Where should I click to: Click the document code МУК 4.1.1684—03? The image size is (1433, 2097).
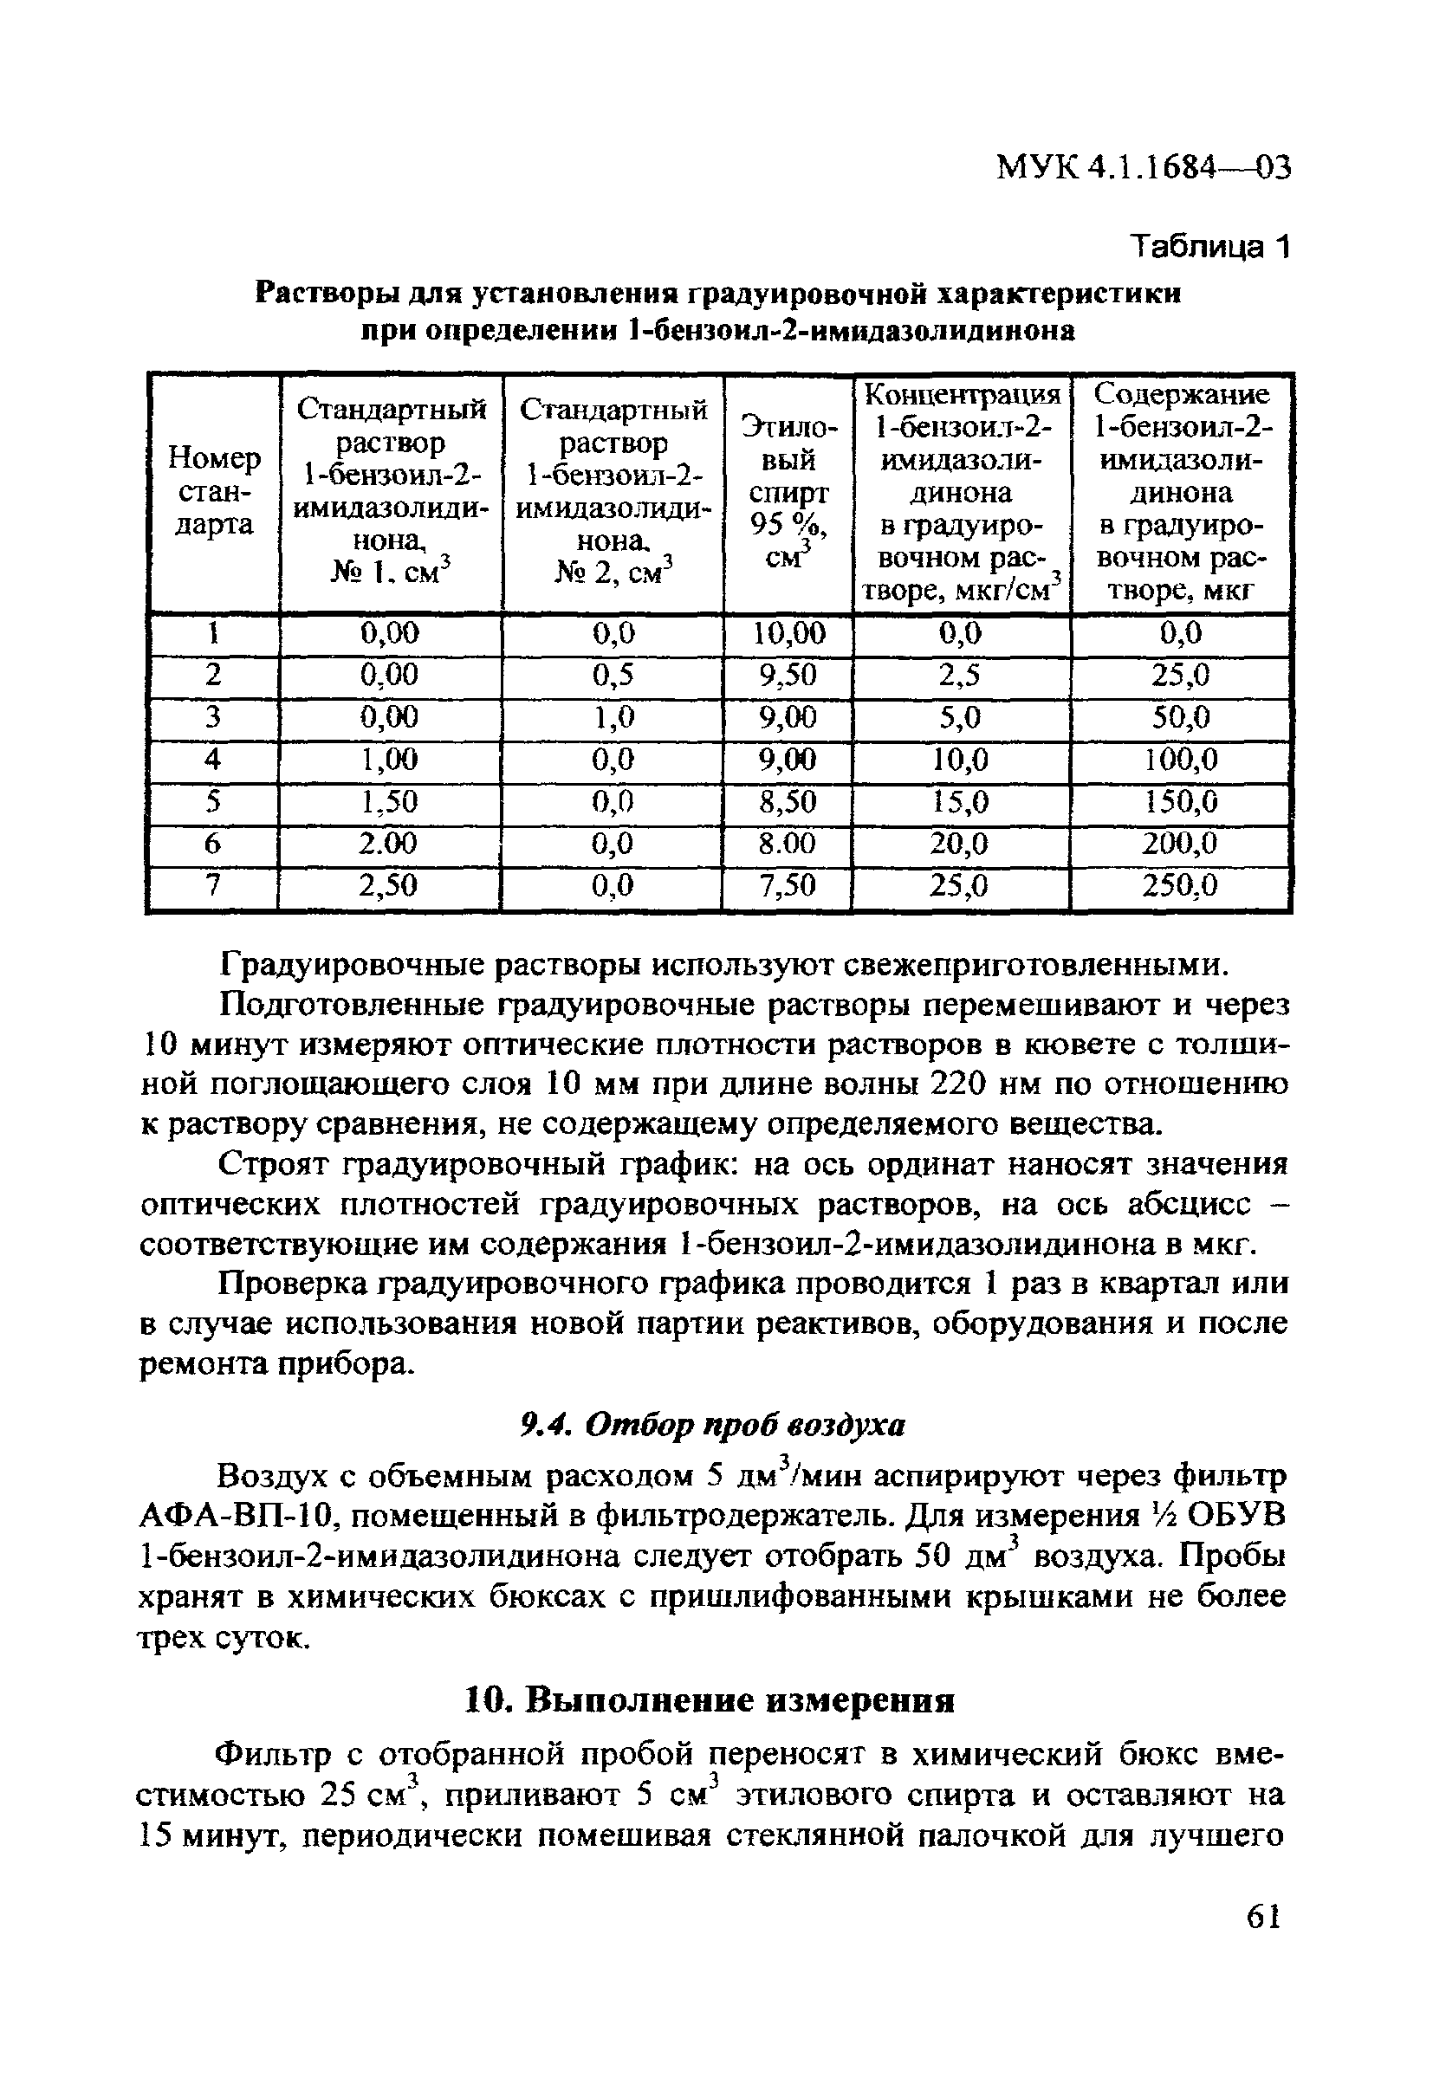[x=1144, y=168]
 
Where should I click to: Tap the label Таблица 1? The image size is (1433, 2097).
[x=1211, y=246]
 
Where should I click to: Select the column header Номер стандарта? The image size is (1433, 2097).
[x=214, y=492]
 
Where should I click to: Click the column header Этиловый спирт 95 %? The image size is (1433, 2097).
[x=788, y=492]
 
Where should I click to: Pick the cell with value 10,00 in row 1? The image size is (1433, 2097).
[x=788, y=633]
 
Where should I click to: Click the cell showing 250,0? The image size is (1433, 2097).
[x=1179, y=887]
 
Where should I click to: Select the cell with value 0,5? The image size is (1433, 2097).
[x=613, y=675]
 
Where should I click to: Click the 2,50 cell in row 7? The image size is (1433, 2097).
[x=389, y=887]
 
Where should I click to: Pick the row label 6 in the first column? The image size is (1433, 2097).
[x=213, y=844]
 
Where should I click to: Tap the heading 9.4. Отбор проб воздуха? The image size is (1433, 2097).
[x=713, y=1425]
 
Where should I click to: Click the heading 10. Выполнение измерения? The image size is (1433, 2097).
[x=710, y=1701]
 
